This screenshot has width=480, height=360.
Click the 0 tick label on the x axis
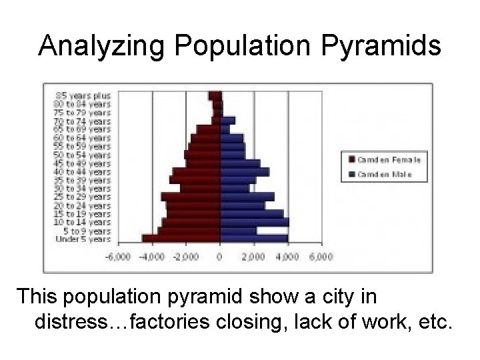[220, 257]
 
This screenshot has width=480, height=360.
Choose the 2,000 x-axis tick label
[253, 257]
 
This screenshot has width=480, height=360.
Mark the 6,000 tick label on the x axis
[321, 257]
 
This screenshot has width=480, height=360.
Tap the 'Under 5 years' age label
[83, 239]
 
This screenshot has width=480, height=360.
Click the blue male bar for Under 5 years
[253, 238]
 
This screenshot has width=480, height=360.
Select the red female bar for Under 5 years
[181, 238]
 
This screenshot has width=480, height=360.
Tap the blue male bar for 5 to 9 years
[238, 231]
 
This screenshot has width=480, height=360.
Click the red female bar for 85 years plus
[214, 95]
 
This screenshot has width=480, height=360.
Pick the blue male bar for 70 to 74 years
[227, 121]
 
